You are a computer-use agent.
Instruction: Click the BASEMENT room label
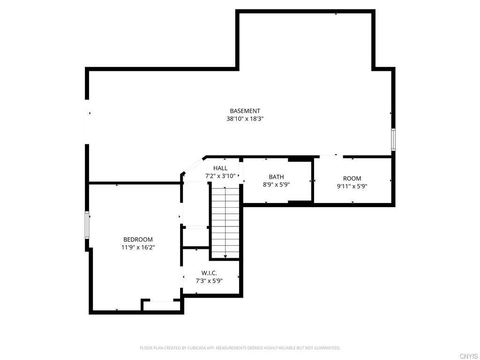(245, 111)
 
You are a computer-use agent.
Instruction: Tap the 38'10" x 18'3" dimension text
(245, 119)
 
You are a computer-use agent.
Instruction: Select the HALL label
(220, 168)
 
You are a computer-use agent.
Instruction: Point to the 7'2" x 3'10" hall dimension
(220, 176)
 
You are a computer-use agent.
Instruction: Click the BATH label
(276, 177)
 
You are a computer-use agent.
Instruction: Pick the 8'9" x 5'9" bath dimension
(276, 185)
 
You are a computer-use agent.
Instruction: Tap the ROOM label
(352, 179)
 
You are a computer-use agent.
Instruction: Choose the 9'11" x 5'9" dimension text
(352, 186)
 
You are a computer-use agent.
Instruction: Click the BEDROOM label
(138, 240)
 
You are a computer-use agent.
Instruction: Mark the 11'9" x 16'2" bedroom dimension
(138, 247)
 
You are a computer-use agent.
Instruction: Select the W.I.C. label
(209, 273)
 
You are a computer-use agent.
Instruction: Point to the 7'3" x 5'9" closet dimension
(209, 281)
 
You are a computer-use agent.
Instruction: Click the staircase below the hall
(225, 220)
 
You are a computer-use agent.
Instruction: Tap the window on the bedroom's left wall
(87, 225)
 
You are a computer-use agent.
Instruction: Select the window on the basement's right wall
(393, 140)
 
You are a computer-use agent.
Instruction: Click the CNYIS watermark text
(468, 356)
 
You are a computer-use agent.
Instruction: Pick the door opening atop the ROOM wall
(331, 156)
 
